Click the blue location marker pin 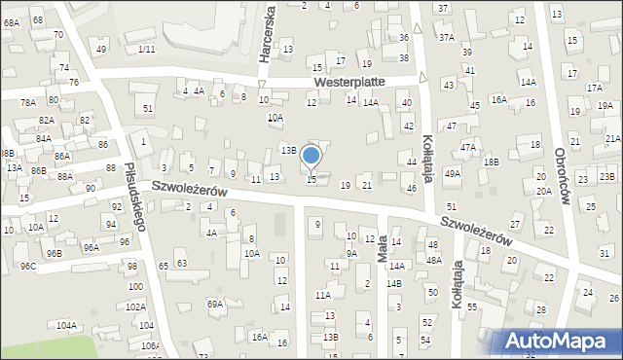[x=311, y=156]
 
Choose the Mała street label [x=382, y=246]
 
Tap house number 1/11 [x=147, y=49]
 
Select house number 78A [x=28, y=102]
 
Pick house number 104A [x=67, y=325]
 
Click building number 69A [x=215, y=304]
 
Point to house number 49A [x=453, y=173]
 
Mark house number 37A [x=446, y=37]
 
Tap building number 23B [x=607, y=176]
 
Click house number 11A [x=322, y=294]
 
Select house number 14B [x=393, y=283]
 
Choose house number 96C [x=28, y=266]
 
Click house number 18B [x=491, y=162]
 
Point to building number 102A [x=135, y=306]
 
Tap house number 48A [x=433, y=260]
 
